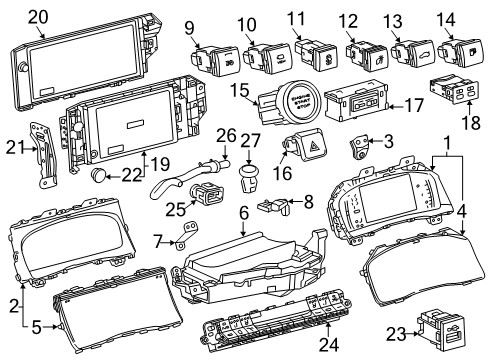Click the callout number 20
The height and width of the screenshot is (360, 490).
click(38, 15)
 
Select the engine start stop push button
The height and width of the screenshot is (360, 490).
click(301, 102)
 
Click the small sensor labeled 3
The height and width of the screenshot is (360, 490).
click(357, 150)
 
